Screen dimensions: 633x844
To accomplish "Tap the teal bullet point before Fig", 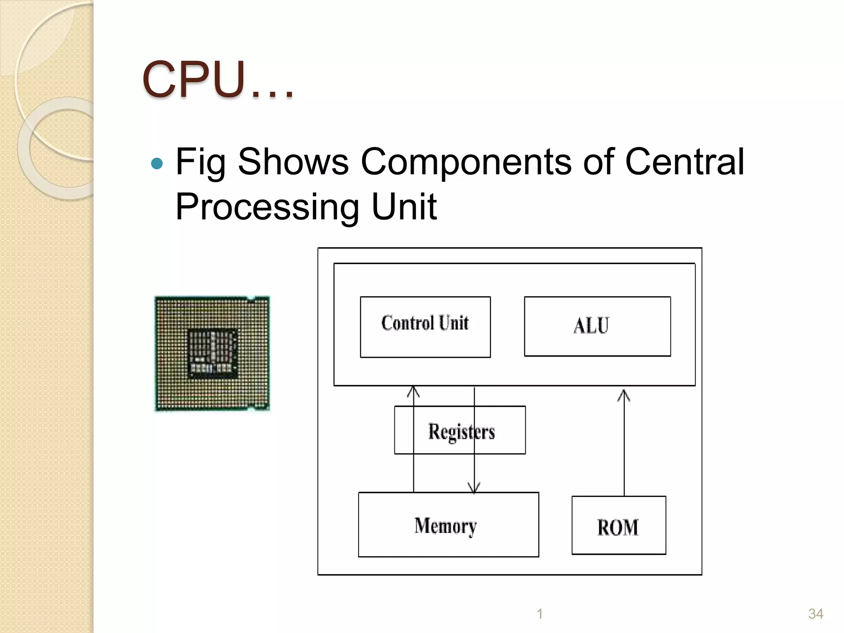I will pyautogui.click(x=157, y=164).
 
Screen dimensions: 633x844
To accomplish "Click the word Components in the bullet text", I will pyautogui.click(x=466, y=162).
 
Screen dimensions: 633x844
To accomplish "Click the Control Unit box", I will pyautogui.click(x=425, y=326).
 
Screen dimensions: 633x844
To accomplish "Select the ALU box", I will pyautogui.click(x=597, y=326).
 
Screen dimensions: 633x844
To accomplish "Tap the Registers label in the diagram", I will pyautogui.click(x=461, y=431).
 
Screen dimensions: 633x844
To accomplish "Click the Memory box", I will pyautogui.click(x=448, y=525).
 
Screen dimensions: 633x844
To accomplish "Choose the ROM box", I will pyautogui.click(x=618, y=526).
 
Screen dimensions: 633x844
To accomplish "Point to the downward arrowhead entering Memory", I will pyautogui.click(x=474, y=488).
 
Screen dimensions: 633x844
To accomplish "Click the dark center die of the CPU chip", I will pyautogui.click(x=213, y=353).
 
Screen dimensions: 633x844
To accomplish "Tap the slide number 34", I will pyautogui.click(x=816, y=614).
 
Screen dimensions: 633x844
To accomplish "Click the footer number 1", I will pyautogui.click(x=539, y=614).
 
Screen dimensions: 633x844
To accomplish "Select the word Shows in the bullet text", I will pyautogui.click(x=293, y=162).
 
